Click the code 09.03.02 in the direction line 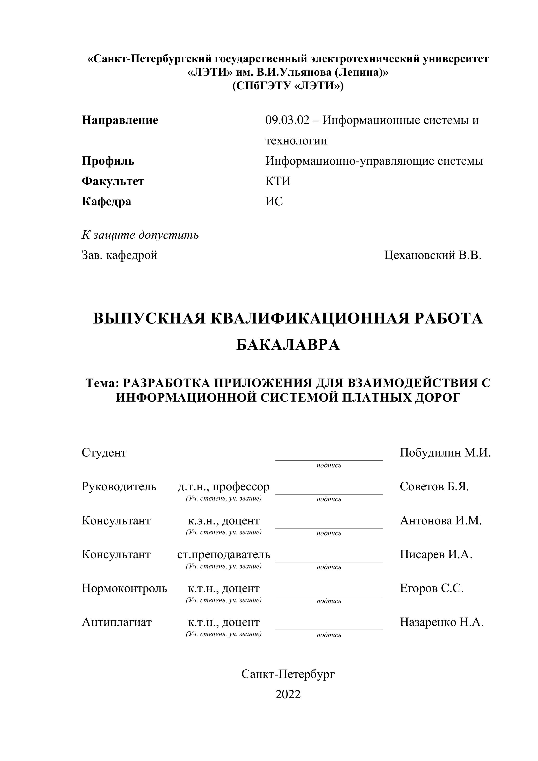[287, 120]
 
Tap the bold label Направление [120, 120]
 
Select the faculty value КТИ [278, 181]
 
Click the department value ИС [274, 201]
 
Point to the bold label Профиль [108, 161]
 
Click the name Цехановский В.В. [433, 255]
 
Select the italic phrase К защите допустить [140, 235]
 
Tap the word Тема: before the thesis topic [102, 383]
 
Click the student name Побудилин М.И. [445, 453]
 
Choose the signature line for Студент [329, 459]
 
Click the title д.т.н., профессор [224, 487]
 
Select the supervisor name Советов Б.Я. [434, 487]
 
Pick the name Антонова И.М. [441, 521]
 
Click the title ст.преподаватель [224, 555]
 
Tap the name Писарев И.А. [436, 555]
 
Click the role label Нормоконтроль [124, 588]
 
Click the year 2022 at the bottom [288, 694]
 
